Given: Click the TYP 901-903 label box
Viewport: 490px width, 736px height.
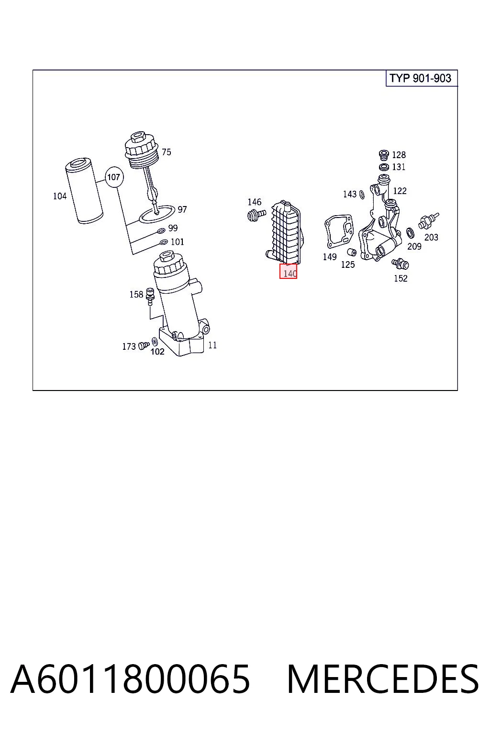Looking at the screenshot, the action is [x=422, y=78].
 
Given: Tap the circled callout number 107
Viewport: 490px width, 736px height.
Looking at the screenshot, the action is [x=114, y=177].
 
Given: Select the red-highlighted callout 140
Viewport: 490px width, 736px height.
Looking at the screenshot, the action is [x=288, y=271].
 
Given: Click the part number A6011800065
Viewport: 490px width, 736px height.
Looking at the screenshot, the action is [x=130, y=679].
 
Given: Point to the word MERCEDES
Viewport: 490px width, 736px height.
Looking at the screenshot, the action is [x=383, y=679].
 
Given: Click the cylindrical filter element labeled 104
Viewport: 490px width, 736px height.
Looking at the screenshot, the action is [x=84, y=191].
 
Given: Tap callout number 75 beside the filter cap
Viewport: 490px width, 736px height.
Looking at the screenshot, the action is [x=167, y=152].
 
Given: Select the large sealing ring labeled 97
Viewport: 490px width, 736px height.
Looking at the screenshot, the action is [x=157, y=214].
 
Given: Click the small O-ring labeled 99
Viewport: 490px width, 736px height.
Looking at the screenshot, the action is [x=161, y=230].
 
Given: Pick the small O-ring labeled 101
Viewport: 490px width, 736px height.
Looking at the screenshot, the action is [x=164, y=242].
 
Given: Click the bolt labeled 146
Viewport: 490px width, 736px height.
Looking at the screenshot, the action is [x=256, y=215].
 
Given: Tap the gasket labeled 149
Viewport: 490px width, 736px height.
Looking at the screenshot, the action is [x=339, y=231].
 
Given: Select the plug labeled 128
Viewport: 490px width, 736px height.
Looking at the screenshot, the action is [x=384, y=154].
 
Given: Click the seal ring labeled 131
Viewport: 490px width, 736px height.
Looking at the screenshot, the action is [x=384, y=167].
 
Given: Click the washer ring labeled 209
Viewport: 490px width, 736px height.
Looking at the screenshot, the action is [x=410, y=233].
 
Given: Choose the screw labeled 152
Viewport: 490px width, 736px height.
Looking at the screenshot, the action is [x=400, y=263].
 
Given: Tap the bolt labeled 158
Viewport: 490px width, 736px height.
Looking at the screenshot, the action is [x=150, y=296].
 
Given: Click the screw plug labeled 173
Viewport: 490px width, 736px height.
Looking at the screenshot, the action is [x=144, y=345].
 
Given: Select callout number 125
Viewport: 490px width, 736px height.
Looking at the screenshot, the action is [x=348, y=264].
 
